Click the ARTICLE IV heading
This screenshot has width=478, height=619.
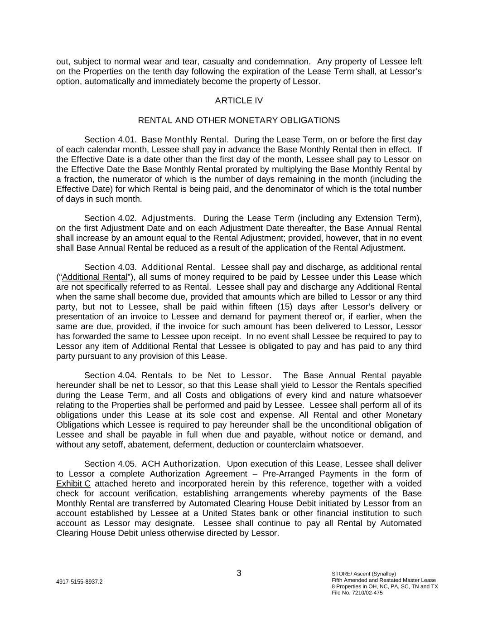pos(239,101)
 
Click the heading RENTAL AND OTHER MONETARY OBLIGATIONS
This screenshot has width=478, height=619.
pos(239,121)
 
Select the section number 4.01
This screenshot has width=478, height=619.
pos(127,140)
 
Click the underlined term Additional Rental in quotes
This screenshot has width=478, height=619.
pos(95,277)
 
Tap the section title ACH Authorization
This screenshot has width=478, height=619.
pos(181,464)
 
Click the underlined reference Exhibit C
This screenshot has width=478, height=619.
pos(73,484)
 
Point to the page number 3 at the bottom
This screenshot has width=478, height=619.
pos(239,574)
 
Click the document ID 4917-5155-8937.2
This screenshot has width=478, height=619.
pos(79,582)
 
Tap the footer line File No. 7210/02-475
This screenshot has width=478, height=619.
pos(357,593)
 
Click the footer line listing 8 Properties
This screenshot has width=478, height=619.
pos(385,586)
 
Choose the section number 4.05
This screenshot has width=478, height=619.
pos(127,464)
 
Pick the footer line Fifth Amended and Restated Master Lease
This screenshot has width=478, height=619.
pos(384,580)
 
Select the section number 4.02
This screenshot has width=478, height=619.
pos(127,218)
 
